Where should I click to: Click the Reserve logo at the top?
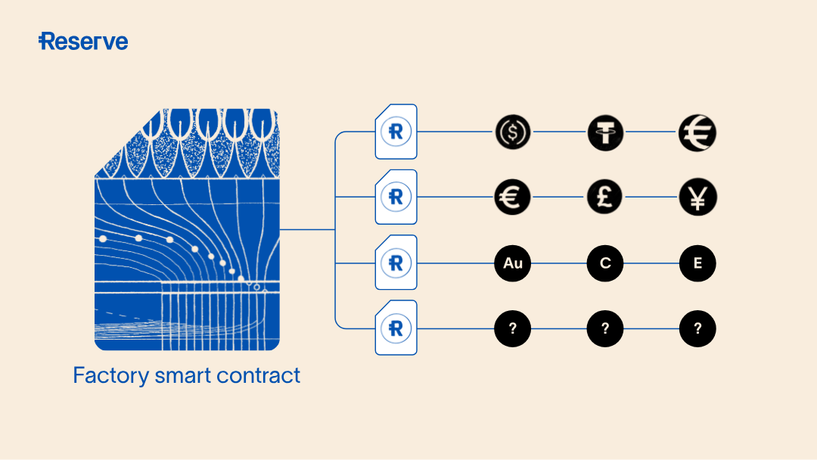(x=83, y=42)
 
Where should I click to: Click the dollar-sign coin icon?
(x=513, y=132)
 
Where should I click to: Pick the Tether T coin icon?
(x=605, y=132)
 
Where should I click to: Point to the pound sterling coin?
(x=605, y=198)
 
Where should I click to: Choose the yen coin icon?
(x=697, y=198)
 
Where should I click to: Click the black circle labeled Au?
(x=513, y=263)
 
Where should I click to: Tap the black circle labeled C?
(x=605, y=263)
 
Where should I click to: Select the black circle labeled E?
(x=697, y=263)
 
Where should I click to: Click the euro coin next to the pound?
(x=513, y=198)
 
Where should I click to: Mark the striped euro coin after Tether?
(x=697, y=132)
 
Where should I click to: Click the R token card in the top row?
(x=396, y=132)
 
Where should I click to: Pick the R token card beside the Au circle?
(x=396, y=263)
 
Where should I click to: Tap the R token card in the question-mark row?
(x=396, y=328)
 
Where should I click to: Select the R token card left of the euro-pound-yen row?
(x=396, y=197)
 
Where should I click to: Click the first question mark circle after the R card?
(x=513, y=328)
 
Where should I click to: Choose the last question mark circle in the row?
(x=697, y=328)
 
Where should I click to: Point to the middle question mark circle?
(x=605, y=328)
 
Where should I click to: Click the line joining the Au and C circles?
(x=559, y=263)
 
